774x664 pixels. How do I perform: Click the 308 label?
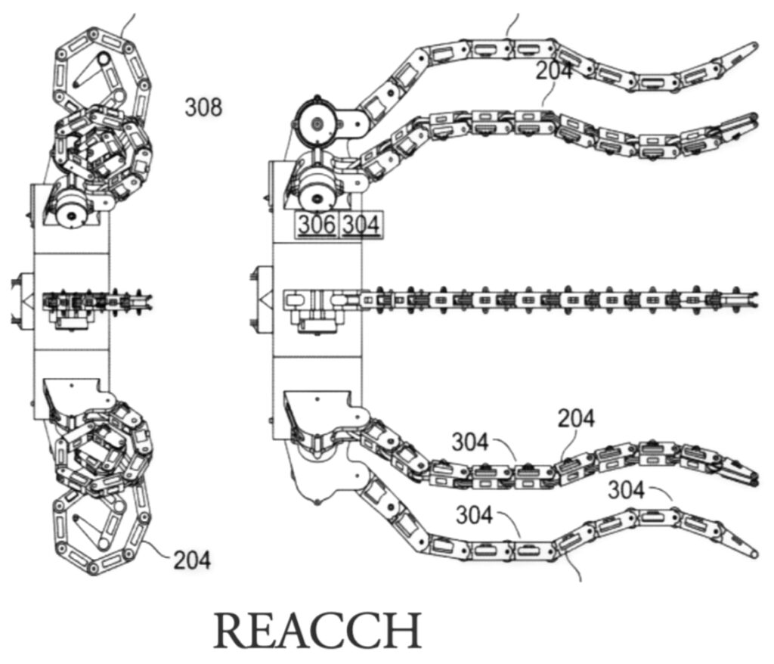coord(203,107)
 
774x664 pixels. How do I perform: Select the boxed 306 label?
coord(317,225)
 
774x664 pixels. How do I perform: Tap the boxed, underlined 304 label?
coord(361,225)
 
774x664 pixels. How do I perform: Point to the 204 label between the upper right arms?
coord(554,71)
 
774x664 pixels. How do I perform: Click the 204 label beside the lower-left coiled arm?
coord(191,560)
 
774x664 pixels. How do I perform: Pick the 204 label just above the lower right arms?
coord(576,418)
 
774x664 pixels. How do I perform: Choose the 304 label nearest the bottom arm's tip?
coord(626,490)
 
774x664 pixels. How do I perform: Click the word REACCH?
coord(318,631)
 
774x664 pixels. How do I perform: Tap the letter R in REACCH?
coord(232,631)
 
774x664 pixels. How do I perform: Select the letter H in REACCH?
coord(403,631)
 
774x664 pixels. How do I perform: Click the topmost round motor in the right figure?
coord(317,122)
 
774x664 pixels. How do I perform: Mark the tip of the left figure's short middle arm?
coord(148,299)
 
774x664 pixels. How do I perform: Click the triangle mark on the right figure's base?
coord(266,299)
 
